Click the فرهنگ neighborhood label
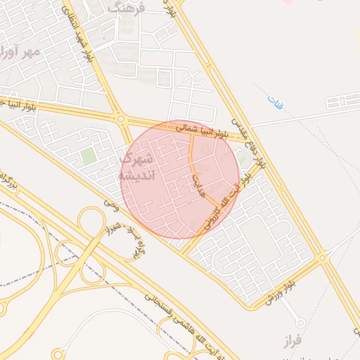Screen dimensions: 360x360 (x=127, y=8)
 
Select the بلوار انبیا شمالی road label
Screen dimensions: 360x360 (x=203, y=129)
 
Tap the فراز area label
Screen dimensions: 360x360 (x=292, y=342)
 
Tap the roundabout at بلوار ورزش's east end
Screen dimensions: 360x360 (x=323, y=259)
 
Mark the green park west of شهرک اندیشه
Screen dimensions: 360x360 (x=88, y=155)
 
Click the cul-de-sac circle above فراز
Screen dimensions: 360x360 (x=300, y=323)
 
